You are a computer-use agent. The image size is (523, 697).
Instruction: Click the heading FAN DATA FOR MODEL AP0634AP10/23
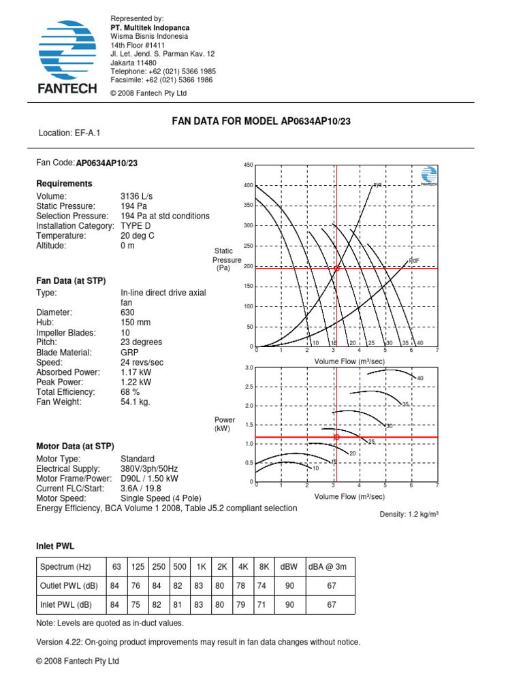point(261,121)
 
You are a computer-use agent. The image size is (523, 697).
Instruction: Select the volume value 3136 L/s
point(137,197)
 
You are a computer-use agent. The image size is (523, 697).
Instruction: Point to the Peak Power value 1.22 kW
point(136,383)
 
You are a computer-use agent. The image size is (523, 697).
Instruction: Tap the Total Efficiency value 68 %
point(130,392)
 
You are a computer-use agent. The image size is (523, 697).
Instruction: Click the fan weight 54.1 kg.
point(136,402)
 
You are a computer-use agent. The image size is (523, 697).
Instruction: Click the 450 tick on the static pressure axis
point(248,165)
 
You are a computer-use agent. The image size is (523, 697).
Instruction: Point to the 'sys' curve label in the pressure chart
point(377,184)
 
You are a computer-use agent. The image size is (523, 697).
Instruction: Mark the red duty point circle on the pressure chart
point(336,268)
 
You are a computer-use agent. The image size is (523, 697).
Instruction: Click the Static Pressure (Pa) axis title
point(227,260)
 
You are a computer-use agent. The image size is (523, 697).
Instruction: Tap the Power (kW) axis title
point(224,425)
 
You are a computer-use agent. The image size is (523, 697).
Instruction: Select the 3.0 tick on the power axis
point(249,368)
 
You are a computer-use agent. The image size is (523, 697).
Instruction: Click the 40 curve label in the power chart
point(420,378)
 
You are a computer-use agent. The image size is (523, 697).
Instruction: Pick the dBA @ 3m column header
point(331,567)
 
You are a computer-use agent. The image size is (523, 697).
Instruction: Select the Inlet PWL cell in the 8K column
point(262,605)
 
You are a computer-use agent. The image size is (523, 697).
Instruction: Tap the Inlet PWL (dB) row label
point(67,605)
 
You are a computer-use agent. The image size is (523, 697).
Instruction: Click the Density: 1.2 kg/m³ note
point(409,515)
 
